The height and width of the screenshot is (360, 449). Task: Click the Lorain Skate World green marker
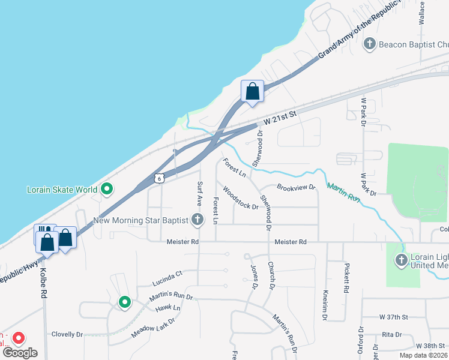(107, 190)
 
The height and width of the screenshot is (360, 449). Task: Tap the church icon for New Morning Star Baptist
(197, 220)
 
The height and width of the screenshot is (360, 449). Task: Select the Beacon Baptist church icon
(370, 44)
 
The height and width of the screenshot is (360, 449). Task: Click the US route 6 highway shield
(158, 178)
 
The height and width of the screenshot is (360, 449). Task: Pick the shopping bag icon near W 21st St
(253, 92)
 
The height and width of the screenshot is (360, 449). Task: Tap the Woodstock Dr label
(240, 199)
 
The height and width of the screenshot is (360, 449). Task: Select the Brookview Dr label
(296, 188)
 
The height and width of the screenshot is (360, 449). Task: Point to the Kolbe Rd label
(43, 282)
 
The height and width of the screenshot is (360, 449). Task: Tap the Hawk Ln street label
(167, 308)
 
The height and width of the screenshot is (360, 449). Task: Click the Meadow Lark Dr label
(154, 325)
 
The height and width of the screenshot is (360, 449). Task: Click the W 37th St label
(393, 316)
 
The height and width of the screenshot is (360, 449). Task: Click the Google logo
(20, 353)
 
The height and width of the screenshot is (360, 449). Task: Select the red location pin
(19, 339)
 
